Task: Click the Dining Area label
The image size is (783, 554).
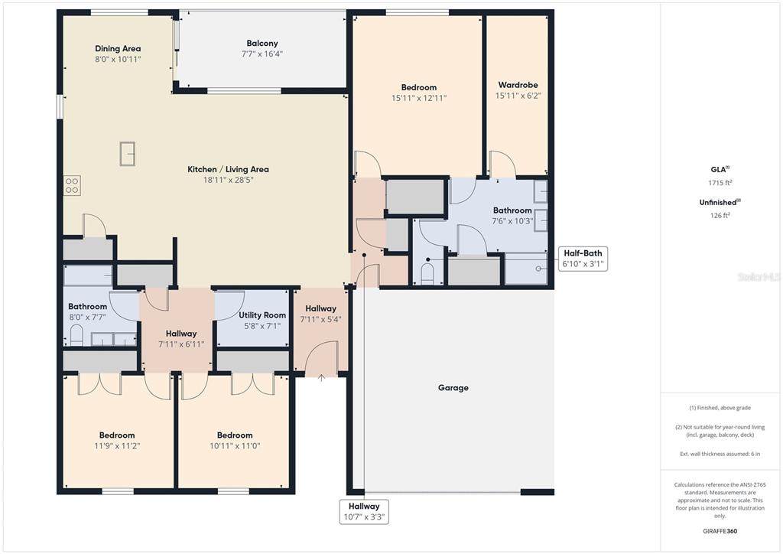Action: tap(118, 48)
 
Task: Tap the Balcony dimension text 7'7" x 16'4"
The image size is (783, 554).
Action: tap(262, 54)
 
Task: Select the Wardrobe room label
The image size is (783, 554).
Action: tap(518, 85)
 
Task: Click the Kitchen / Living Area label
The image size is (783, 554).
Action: tap(228, 169)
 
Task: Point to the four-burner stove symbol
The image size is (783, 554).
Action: tap(72, 186)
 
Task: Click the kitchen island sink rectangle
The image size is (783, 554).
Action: tap(128, 153)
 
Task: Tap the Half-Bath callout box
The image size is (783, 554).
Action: tap(583, 259)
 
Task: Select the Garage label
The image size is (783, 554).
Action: tap(453, 388)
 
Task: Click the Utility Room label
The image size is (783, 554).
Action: tap(262, 315)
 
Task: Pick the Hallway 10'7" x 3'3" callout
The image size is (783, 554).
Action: tap(364, 512)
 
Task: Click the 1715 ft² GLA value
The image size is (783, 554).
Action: tap(720, 183)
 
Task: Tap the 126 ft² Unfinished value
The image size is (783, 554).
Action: tap(720, 215)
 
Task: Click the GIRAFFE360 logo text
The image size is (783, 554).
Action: tap(720, 531)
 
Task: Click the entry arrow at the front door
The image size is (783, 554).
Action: tap(321, 378)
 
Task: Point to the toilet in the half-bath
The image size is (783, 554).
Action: tap(427, 273)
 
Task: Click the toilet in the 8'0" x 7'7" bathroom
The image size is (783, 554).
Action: tap(76, 334)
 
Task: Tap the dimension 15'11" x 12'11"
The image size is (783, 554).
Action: tap(419, 99)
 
